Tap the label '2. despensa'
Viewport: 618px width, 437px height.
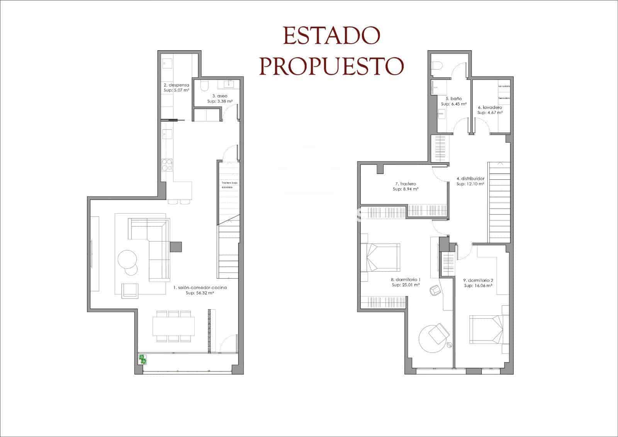(176, 85)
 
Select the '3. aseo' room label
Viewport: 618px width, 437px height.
(220, 95)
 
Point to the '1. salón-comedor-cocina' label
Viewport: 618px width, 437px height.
(200, 287)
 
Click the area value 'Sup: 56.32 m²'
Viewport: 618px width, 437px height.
(200, 293)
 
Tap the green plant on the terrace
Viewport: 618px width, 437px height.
(143, 359)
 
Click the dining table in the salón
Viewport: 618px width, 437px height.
(174, 326)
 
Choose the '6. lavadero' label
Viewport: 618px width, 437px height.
(489, 107)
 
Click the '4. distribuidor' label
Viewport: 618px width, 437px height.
(470, 179)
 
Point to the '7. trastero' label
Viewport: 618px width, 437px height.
(405, 184)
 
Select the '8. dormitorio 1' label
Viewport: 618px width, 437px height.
(405, 279)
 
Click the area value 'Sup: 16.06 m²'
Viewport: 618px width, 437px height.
(478, 286)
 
